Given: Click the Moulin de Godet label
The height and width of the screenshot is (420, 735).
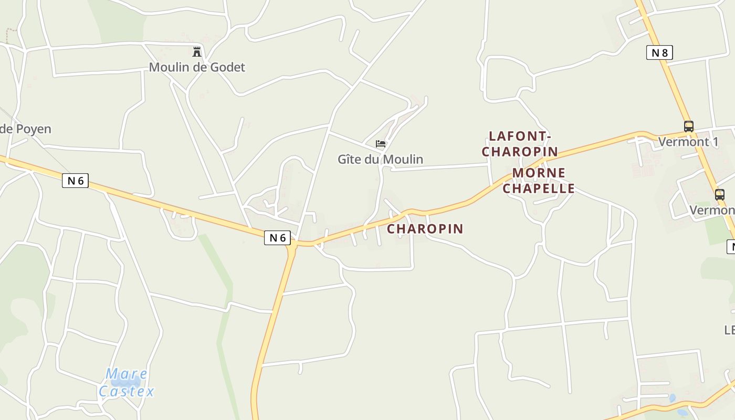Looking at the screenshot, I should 197,67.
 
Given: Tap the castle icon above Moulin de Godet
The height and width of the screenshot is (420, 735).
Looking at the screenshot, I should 197,51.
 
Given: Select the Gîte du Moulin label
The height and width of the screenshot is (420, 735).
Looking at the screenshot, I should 380,159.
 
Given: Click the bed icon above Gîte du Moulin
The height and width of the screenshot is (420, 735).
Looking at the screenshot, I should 381,143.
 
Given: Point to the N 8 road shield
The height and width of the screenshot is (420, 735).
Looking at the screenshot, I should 659,52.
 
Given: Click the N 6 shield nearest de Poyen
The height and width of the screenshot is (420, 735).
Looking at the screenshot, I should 75,181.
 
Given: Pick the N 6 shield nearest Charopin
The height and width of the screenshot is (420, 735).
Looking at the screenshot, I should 277,238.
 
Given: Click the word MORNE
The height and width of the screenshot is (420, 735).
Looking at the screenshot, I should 539,173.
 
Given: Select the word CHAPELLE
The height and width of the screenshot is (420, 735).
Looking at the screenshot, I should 539,188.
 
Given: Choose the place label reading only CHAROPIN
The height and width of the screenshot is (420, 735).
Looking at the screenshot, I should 425,228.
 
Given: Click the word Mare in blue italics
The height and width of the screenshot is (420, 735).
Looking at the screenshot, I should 127,374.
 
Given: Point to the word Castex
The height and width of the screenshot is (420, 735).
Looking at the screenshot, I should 127,391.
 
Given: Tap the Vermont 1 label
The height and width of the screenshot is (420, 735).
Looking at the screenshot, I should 688,142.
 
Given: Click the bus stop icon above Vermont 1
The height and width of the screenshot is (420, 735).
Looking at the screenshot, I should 688,127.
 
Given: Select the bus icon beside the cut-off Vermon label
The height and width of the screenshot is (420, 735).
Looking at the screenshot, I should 719,195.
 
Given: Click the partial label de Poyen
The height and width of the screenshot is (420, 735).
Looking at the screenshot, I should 25,129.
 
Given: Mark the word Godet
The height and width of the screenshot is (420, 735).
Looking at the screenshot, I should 227,67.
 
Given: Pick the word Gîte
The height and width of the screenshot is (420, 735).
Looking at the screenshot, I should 350,159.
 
